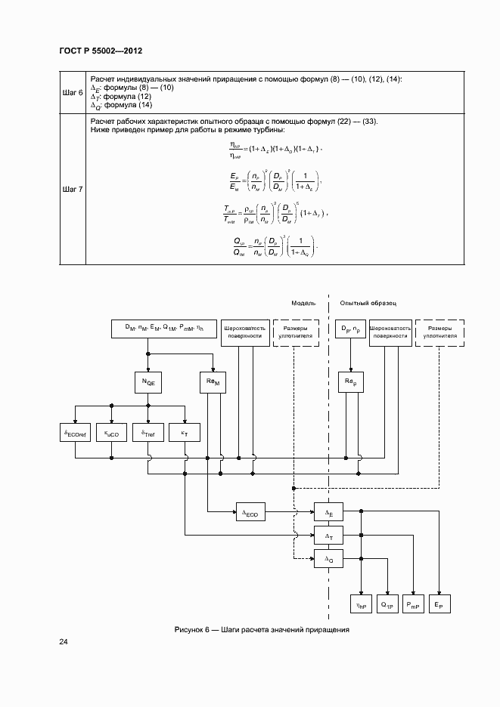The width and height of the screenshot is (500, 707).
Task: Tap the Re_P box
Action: click(349, 384)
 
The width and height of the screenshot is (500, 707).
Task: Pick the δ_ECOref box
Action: click(74, 434)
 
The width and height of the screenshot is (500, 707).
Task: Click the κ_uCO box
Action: click(111, 434)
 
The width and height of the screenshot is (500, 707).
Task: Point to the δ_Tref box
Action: click(148, 434)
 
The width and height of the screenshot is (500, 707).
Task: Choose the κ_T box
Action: click(185, 434)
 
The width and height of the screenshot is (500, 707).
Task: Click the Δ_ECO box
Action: click(251, 513)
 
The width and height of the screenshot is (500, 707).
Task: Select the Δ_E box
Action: click(328, 513)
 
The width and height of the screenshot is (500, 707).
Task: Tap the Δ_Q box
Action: click(328, 560)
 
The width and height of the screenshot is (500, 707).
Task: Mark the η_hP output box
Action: click(362, 604)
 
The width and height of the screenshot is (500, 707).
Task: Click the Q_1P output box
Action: click(387, 604)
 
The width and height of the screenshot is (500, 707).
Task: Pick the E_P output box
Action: click(439, 604)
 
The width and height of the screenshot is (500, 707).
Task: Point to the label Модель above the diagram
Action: click(304, 302)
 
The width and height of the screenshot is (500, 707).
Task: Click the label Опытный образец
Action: click(368, 302)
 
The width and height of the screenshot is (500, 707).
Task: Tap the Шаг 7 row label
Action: click(73, 189)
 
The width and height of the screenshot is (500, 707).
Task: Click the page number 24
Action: click(64, 642)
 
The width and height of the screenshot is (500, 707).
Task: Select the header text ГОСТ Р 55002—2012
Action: click(101, 51)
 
